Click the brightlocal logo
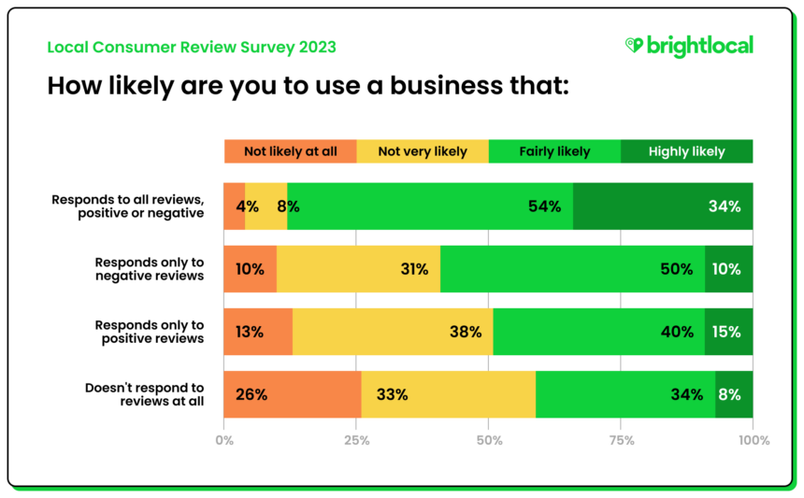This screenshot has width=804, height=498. (688, 46)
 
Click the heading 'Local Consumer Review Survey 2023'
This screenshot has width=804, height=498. (192, 47)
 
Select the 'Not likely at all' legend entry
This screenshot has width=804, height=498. (290, 151)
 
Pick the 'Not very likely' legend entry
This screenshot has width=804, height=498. (423, 151)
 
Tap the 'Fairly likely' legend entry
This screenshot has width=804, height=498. (554, 151)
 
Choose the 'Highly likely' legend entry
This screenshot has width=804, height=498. (686, 151)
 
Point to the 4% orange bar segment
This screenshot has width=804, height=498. (234, 206)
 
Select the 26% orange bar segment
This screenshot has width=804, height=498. (292, 394)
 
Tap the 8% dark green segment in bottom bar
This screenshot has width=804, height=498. (734, 394)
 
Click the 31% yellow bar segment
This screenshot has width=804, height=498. (358, 269)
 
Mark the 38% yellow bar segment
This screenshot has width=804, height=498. (392, 332)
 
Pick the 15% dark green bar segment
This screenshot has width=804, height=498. (729, 332)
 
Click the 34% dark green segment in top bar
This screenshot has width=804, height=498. (663, 206)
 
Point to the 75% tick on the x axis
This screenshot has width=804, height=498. (621, 440)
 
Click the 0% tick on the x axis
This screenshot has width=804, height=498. (224, 440)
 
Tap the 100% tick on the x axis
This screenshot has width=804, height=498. (753, 440)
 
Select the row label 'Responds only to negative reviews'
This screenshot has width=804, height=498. (150, 269)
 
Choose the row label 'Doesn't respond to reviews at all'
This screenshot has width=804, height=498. (145, 394)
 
